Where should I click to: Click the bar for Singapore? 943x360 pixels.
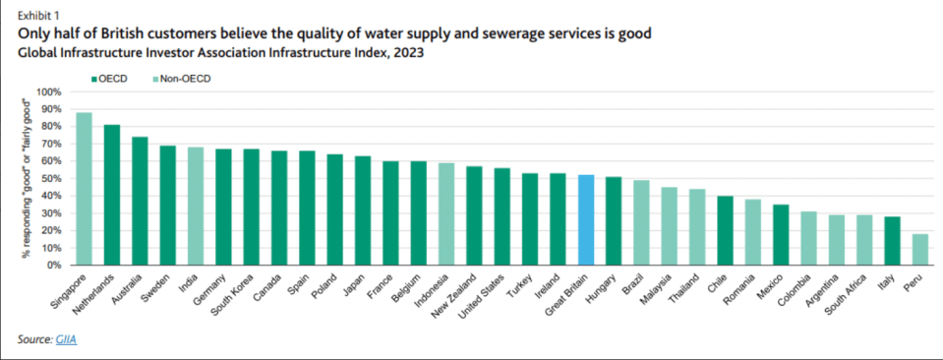click(85, 189)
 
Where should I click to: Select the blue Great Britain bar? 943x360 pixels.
click(586, 220)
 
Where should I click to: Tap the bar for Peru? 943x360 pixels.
click(920, 250)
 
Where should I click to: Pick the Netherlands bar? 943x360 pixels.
click(112, 195)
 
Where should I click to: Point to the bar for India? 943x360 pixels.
click(196, 207)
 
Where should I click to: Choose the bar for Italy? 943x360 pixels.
click(893, 241)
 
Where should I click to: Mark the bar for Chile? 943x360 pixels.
click(726, 230)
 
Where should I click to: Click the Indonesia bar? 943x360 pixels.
click(446, 214)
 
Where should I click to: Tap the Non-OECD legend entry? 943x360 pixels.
click(182, 79)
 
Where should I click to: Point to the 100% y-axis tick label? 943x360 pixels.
click(49, 92)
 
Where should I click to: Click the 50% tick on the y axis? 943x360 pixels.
click(51, 179)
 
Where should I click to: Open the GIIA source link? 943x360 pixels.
click(66, 340)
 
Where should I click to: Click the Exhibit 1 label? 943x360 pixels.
click(37, 13)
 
